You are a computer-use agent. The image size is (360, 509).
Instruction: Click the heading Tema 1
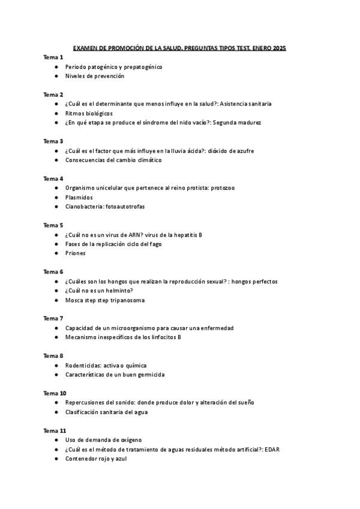tap(53, 57)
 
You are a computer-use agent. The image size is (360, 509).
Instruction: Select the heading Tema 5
tap(53, 225)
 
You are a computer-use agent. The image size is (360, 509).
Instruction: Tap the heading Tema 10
tap(55, 393)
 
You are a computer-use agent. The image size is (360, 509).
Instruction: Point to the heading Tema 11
tap(55, 430)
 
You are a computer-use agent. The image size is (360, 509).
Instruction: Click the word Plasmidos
tap(79, 197)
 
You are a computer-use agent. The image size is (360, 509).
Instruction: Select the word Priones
tap(76, 253)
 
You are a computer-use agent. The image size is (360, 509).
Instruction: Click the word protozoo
tap(222, 188)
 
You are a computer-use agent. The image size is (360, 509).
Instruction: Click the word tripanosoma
tap(127, 300)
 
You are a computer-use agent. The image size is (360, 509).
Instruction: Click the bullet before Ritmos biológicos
tap(56, 113)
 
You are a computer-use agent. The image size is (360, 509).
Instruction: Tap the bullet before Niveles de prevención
tap(56, 76)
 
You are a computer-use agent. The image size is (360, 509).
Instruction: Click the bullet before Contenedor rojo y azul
tap(56, 459)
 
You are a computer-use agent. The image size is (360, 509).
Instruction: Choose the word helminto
tap(117, 291)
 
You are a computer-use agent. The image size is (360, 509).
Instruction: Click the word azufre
tap(242, 151)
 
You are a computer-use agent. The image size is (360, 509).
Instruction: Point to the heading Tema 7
tap(53, 318)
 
